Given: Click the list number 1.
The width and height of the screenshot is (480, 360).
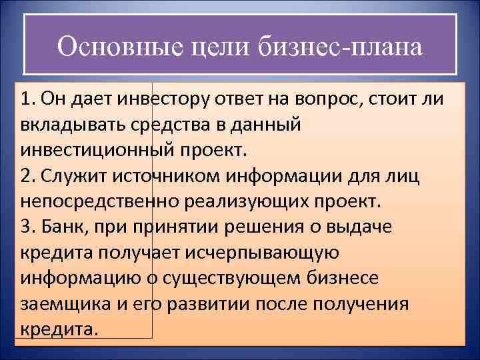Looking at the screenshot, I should pyautogui.click(x=26, y=100).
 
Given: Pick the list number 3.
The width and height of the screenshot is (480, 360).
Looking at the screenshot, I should pyautogui.click(x=26, y=225).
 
